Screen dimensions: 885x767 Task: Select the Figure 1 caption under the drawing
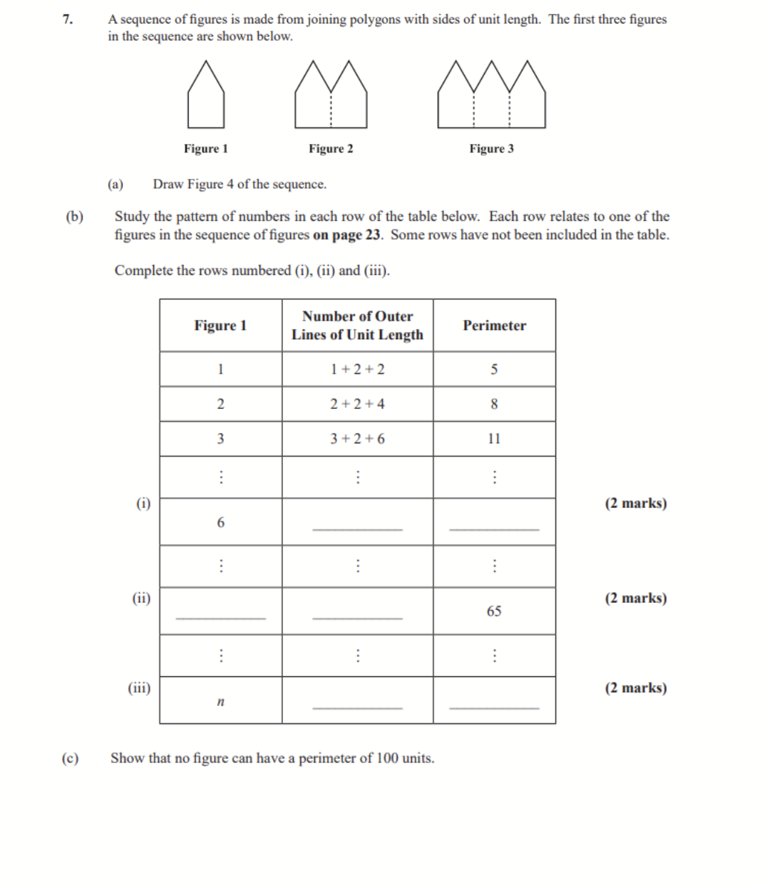coord(205,148)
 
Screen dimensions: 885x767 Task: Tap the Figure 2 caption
coord(331,148)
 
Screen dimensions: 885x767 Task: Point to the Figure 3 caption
coord(491,148)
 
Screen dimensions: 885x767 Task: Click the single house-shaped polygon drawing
coord(206,95)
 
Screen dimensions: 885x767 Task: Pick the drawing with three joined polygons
coord(491,95)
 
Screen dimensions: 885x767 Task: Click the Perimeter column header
coord(494,326)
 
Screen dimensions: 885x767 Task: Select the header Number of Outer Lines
coord(357,326)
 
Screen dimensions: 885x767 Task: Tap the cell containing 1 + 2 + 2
coord(357,369)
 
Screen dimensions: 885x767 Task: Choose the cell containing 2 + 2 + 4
coord(357,404)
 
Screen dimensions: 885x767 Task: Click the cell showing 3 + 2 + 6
coord(357,439)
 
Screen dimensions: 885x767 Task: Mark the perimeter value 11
coord(494,439)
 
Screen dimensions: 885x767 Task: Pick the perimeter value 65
coord(494,611)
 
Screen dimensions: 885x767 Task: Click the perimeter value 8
coord(494,404)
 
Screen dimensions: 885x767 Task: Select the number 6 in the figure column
coord(220,523)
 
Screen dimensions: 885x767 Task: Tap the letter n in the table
coord(220,703)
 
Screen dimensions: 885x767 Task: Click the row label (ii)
coord(141,598)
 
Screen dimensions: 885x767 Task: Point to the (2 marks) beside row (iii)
coord(636,688)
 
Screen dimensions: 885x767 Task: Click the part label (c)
coord(70,758)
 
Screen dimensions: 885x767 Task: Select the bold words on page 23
coord(347,235)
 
